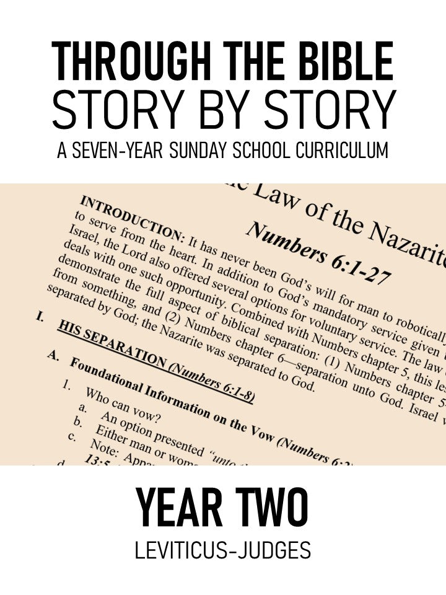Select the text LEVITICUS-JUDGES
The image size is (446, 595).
click(x=223, y=551)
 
